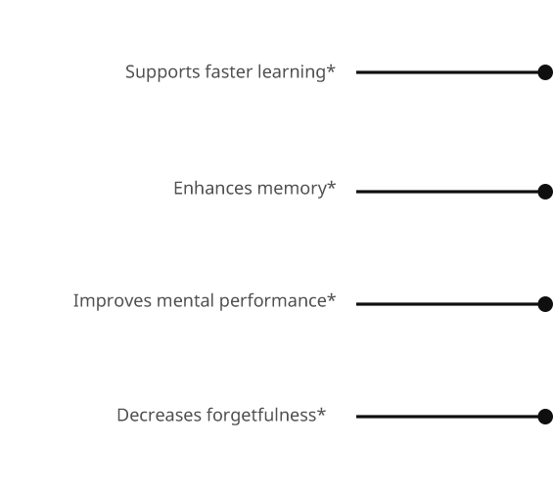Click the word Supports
[162, 72]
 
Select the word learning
[292, 72]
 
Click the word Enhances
[213, 188]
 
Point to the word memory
[292, 190]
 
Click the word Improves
[113, 301]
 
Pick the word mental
[186, 301]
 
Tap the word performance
[273, 301]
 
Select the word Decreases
[160, 415]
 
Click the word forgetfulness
[261, 415]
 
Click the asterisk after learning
[331, 68]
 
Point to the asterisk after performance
[331, 297]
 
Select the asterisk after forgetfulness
[321, 412]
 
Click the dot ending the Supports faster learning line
[545, 72]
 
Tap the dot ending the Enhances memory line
[545, 192]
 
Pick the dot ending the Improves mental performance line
[545, 304]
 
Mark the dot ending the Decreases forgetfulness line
[545, 417]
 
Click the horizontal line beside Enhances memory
[447, 192]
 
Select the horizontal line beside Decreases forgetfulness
[447, 417]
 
